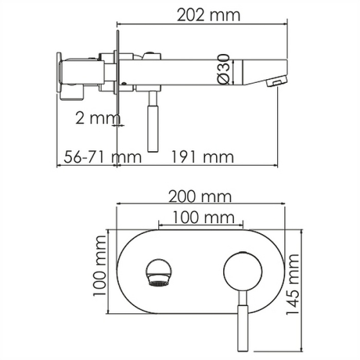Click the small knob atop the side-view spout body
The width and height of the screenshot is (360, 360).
[x=152, y=53]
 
